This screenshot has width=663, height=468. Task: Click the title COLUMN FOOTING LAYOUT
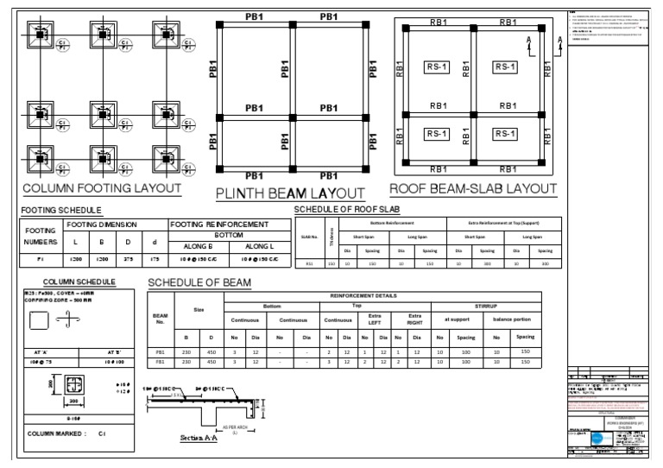[x=101, y=189]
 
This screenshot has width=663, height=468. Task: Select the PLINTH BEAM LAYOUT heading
[x=289, y=193]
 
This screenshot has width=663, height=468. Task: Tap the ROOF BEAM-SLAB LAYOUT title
[x=471, y=189]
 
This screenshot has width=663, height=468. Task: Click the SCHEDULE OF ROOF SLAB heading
[x=348, y=209]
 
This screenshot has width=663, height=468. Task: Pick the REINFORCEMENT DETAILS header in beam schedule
[x=388, y=295]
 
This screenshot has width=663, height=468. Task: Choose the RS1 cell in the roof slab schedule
[x=308, y=264]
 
